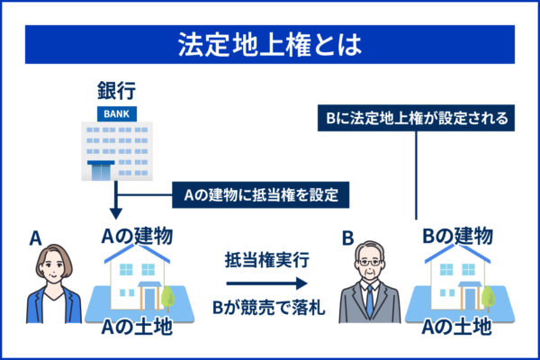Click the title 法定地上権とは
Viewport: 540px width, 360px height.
270,44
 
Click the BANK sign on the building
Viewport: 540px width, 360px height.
114,113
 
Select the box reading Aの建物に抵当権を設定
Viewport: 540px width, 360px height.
260,193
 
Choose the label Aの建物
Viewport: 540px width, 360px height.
139,237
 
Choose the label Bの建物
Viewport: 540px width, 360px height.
456,237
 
